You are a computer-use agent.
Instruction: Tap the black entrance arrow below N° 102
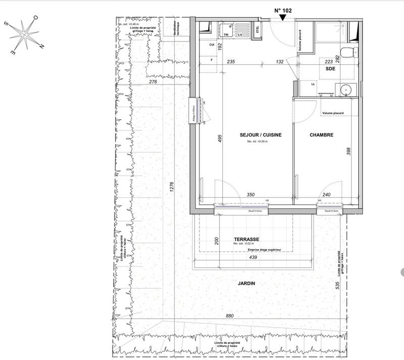tap(283, 18)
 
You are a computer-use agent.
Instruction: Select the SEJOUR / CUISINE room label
tap(261, 135)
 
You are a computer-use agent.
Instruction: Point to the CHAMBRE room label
tap(321, 135)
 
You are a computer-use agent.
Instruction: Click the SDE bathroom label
tap(331, 68)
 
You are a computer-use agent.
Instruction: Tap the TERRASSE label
tap(246, 239)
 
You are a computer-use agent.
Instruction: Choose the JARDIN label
tap(246, 284)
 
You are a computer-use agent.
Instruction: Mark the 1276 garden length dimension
tap(172, 188)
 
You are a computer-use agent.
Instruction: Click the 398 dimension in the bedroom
tap(348, 151)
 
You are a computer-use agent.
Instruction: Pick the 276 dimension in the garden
tap(154, 81)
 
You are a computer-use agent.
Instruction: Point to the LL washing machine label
tap(314, 84)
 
